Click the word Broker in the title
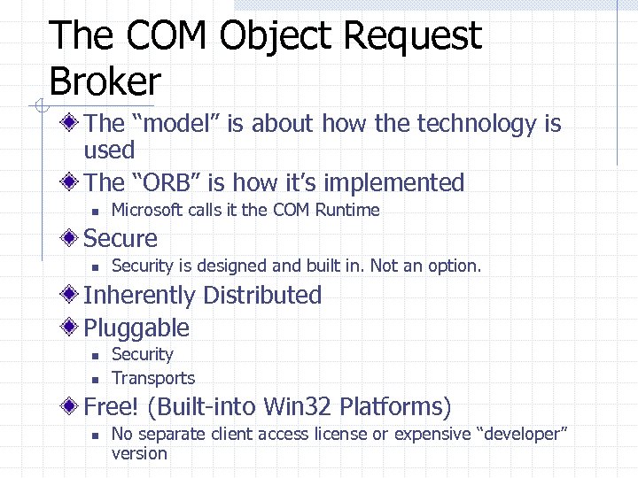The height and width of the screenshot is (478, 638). [x=105, y=81]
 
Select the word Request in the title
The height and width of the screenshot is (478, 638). [x=412, y=36]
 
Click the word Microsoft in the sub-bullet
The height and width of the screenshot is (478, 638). [x=149, y=210]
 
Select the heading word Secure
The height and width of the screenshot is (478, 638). [x=121, y=239]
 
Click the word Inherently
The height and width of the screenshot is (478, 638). [x=139, y=296]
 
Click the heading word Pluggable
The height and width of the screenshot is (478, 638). [x=136, y=328]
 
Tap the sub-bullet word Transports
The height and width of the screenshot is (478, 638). [x=153, y=378]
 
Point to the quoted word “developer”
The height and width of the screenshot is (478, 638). [x=522, y=434]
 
